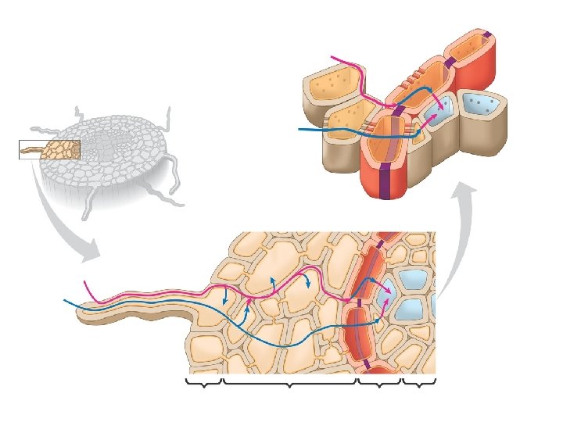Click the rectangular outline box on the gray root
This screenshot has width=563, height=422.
[x=48, y=148]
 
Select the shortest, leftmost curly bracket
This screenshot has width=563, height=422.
[x=204, y=383]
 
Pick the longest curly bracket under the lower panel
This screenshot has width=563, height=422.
[x=290, y=383]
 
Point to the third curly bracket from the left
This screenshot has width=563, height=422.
[x=378, y=383]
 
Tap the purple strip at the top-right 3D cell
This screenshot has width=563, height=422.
[x=487, y=34]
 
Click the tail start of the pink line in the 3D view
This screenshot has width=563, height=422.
[x=333, y=57]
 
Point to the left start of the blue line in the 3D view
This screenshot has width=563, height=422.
[x=300, y=129]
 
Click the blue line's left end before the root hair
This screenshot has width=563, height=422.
[x=64, y=301]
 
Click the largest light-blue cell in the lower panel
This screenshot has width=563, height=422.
[x=411, y=283]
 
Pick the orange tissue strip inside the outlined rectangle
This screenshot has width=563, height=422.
[x=61, y=148]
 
